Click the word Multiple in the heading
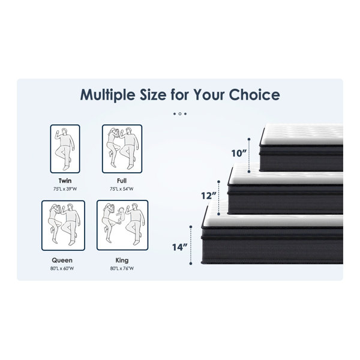point(107,95)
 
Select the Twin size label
point(65,181)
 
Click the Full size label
point(122,181)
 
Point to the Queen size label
point(62,260)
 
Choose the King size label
point(122,260)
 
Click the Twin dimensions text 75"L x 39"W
point(65,189)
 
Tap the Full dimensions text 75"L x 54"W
point(122,189)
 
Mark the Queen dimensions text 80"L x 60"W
point(62,268)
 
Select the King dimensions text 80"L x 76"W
point(122,268)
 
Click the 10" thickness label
point(239,154)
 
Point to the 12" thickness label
point(209,196)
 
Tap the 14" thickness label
point(180,247)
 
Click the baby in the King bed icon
point(121,215)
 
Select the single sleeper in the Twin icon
point(65,149)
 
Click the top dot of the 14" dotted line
point(191,227)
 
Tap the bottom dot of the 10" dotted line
point(249,172)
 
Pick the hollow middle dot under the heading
point(180,113)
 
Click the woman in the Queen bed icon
point(54,223)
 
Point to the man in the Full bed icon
point(130,148)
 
